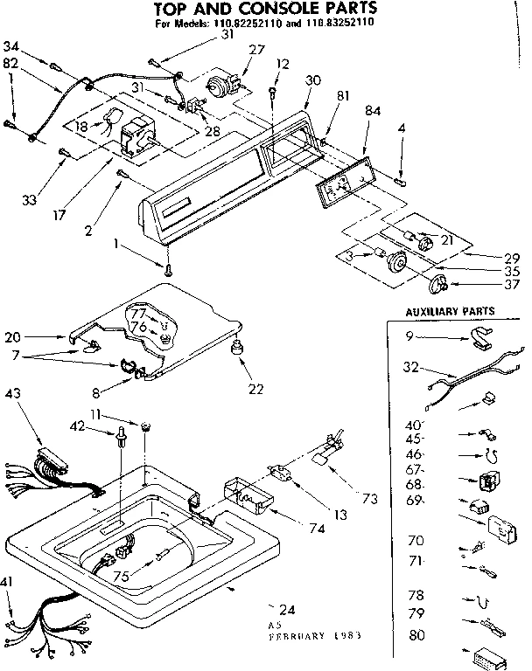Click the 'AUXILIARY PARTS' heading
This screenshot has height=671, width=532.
click(451, 310)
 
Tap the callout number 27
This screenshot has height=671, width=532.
click(256, 50)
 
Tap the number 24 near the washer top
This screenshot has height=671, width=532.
click(284, 607)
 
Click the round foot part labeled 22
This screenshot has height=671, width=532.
click(235, 349)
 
